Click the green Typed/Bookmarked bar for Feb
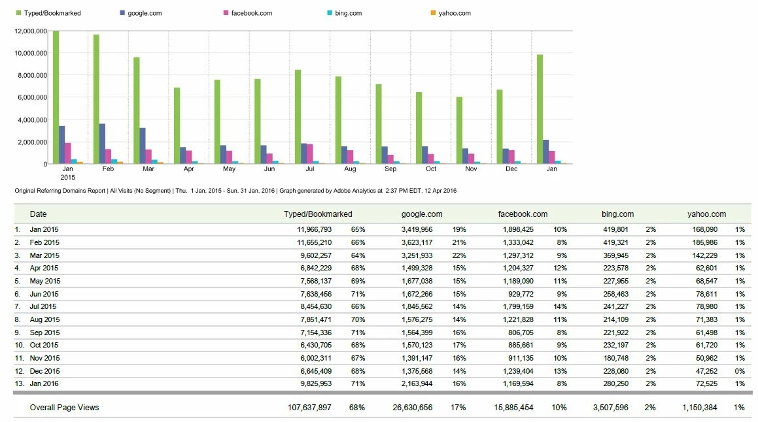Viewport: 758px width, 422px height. click(x=96, y=99)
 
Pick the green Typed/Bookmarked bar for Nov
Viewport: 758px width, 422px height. click(x=459, y=130)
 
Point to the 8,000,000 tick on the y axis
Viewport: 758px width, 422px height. click(x=30, y=75)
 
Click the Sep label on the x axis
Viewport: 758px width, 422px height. click(x=390, y=169)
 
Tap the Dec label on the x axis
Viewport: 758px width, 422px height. click(x=511, y=169)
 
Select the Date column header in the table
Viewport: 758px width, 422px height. click(x=39, y=214)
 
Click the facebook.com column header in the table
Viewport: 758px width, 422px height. click(x=523, y=214)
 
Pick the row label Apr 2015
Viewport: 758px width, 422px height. click(x=44, y=268)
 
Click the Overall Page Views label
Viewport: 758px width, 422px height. click(x=64, y=408)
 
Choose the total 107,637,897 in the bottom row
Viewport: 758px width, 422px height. click(x=309, y=408)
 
